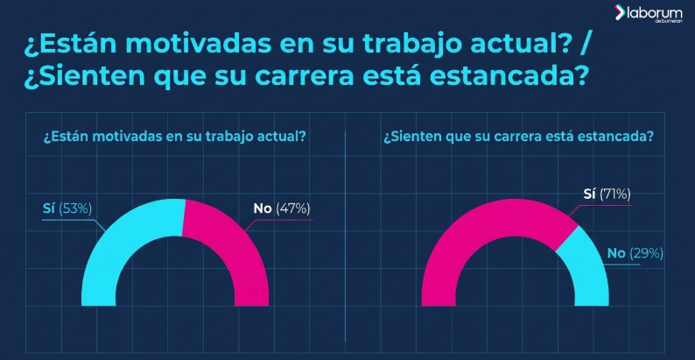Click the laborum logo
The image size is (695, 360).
tap(649, 13)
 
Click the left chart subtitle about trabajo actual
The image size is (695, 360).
tap(174, 137)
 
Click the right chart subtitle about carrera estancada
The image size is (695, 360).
tap(518, 137)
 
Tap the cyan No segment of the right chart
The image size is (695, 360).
tap(589, 266)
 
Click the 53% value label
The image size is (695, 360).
tap(75, 208)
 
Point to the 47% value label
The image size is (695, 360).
tap(293, 208)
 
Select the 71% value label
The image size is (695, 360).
tap(614, 194)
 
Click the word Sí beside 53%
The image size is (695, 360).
tap(49, 208)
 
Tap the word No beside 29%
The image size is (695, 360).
tap(616, 253)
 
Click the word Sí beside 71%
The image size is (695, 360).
tap(589, 194)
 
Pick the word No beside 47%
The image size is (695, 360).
tap(263, 208)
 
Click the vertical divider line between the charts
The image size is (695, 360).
tap(345, 236)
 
